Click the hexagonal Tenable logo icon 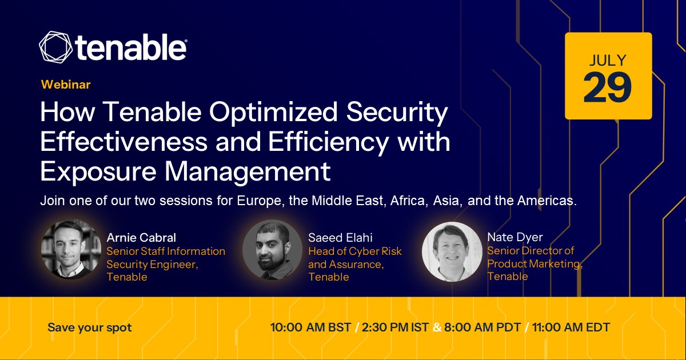coord(56,47)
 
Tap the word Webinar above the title coord(66,85)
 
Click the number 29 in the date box coord(607,88)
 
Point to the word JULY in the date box coord(608,61)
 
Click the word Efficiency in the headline coord(328,142)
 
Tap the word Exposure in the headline coord(98,172)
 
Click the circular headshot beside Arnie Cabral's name coord(71,249)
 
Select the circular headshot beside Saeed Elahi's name coord(272,250)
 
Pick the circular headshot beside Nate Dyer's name coord(452,251)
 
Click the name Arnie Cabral coord(141,238)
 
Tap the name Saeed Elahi coord(340,238)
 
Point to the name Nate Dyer coord(515,237)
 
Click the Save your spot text coord(90,327)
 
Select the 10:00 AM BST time coord(310,327)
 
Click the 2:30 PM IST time coord(395,327)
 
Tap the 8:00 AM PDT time coord(482,327)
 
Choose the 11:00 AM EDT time coord(571,327)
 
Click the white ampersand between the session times coord(437,327)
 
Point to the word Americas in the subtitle coord(547,201)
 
